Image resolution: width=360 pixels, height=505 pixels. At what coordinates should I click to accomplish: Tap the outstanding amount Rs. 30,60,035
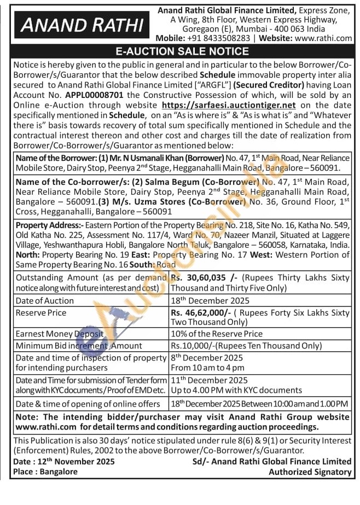click(x=205, y=277)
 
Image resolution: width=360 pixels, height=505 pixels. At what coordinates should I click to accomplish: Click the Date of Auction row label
click(x=45, y=300)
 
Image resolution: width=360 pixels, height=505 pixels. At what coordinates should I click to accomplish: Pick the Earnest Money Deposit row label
click(x=60, y=334)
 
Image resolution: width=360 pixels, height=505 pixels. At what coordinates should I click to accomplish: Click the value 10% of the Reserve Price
click(x=217, y=334)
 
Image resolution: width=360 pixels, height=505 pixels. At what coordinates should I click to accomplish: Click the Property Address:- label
click(x=49, y=225)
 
